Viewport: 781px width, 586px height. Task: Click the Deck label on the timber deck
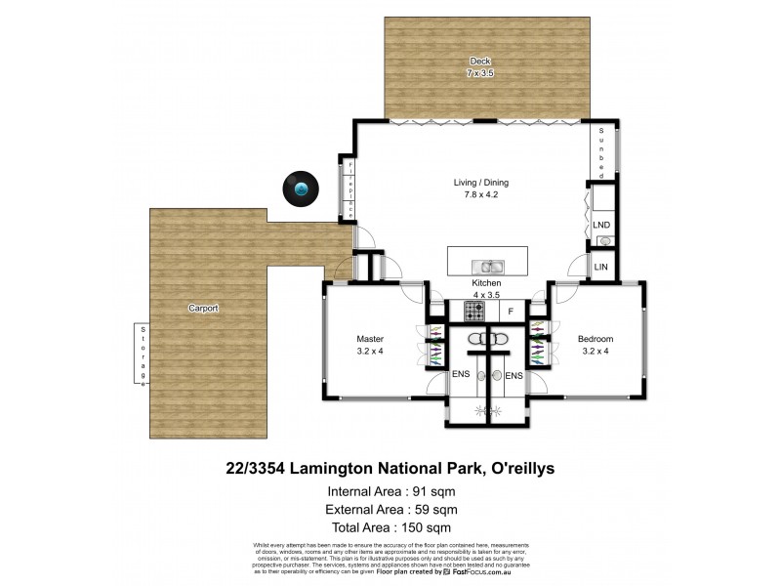click(x=473, y=62)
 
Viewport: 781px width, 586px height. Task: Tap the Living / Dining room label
click(x=480, y=183)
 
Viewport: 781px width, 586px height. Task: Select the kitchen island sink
click(x=486, y=266)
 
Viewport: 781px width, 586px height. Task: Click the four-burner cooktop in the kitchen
click(x=473, y=312)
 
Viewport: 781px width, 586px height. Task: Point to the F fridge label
click(x=509, y=312)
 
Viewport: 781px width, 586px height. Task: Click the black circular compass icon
click(x=301, y=188)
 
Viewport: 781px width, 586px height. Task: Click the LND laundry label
click(x=601, y=226)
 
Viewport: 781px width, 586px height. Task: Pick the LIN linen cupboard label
click(x=601, y=265)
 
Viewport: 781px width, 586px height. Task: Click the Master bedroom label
click(x=369, y=339)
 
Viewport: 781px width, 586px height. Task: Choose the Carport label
click(x=203, y=308)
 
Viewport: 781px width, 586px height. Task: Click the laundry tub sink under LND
click(x=603, y=241)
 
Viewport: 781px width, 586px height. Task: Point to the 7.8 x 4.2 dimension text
click(x=480, y=195)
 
